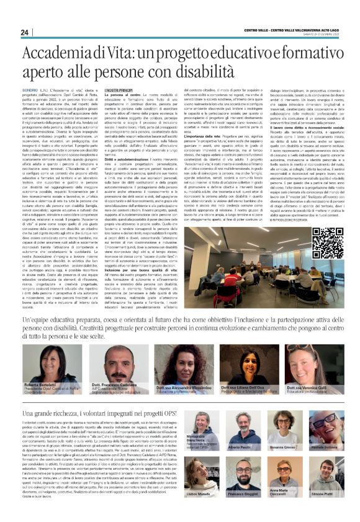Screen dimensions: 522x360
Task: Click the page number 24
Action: coord(25,32)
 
